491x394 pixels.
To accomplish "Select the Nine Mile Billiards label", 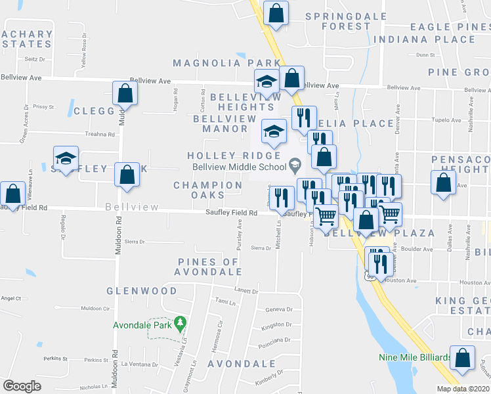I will [415, 358].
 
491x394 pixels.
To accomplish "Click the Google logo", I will [22, 386].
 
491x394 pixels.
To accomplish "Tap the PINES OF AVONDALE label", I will [209, 267].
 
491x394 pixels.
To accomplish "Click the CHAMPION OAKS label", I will [208, 190].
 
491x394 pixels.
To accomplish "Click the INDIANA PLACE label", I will [424, 39].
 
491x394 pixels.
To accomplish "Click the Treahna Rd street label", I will [100, 135].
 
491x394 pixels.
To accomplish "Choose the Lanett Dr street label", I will [245, 290].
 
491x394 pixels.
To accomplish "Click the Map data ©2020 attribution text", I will [462, 389].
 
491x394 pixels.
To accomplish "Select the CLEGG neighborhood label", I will [95, 112].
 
